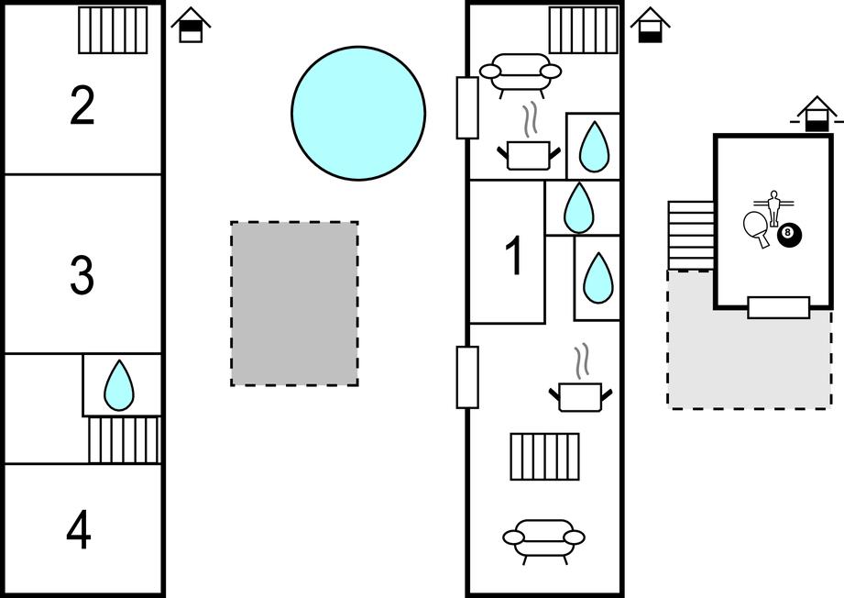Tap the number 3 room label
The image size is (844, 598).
tap(82, 275)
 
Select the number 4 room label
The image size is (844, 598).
tap(80, 530)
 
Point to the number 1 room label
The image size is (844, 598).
tap(515, 257)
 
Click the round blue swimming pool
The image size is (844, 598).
tap(358, 112)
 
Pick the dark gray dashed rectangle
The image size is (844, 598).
tap(294, 304)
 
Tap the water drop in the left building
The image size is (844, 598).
tap(119, 385)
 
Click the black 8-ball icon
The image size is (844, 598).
tap(789, 235)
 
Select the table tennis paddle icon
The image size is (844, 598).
tap(757, 227)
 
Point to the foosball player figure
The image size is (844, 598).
tap(773, 206)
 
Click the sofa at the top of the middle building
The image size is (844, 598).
tap(521, 73)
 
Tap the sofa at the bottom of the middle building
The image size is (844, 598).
tap(544, 538)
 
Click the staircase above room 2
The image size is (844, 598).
tap(113, 30)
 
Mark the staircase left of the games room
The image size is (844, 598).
tap(691, 235)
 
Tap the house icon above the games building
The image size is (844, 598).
tap(817, 116)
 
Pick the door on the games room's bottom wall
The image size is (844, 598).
tap(778, 307)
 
